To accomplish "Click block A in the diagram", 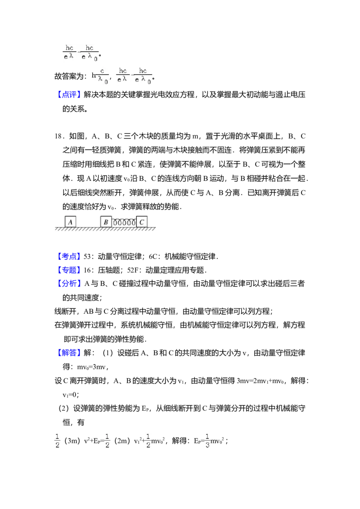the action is click(70, 222).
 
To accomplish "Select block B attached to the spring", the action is click(106, 222).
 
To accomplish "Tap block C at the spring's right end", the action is click(142, 222).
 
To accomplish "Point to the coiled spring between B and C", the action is click(124, 222).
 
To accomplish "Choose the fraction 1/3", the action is click(207, 441).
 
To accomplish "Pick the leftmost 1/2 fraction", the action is click(58, 441).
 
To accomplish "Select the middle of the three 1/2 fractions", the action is click(107, 441).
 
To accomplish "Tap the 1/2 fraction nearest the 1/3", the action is click(149, 441).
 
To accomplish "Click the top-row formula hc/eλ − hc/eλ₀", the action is click(81, 54).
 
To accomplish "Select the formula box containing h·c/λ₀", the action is click(101, 76).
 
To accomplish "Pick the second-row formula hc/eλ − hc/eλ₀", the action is click(135, 76).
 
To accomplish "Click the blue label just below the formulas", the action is click(70, 95).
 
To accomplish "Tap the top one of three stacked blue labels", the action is click(70, 257).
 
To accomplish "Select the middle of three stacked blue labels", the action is click(70, 270).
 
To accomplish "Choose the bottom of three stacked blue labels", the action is click(70, 282).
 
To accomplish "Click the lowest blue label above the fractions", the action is click(70, 353).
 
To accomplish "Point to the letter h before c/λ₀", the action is click(94, 76).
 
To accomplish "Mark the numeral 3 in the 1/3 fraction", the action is click(207, 445).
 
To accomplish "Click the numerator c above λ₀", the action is click(103, 71).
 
